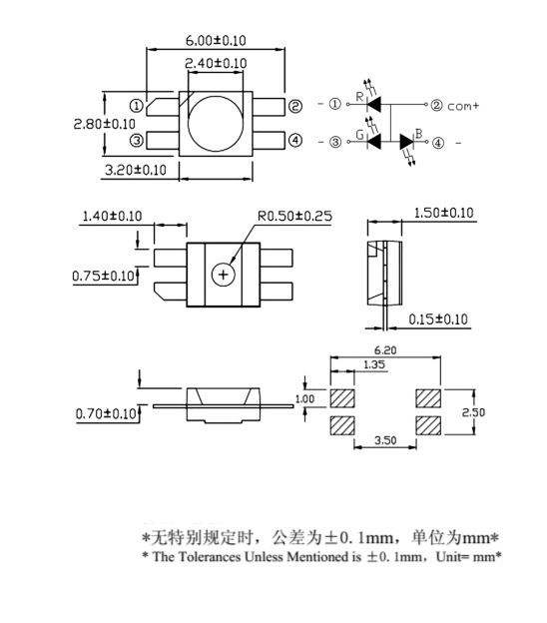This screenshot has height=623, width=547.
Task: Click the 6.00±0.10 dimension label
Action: click(x=216, y=40)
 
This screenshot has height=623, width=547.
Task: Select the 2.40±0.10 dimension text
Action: click(x=216, y=63)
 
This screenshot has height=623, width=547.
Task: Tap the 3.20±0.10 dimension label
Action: click(x=135, y=170)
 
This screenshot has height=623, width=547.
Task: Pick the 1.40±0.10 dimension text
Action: click(x=112, y=216)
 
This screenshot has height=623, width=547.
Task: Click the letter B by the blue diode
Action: click(x=419, y=134)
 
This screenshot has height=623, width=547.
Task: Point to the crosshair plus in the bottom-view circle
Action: click(x=223, y=274)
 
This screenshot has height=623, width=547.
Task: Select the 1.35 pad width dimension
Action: click(x=347, y=366)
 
